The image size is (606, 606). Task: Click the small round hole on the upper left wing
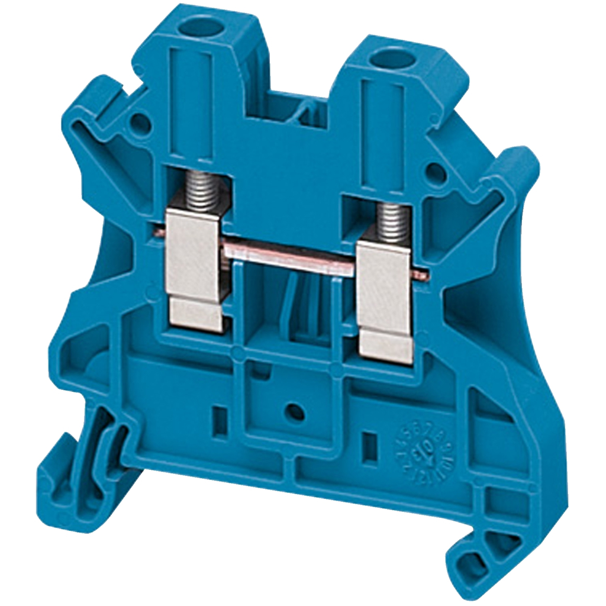pyautogui.click(x=139, y=123)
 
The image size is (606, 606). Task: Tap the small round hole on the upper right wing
pyautogui.click(x=435, y=172)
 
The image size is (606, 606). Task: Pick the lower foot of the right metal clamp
pyautogui.click(x=386, y=347)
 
